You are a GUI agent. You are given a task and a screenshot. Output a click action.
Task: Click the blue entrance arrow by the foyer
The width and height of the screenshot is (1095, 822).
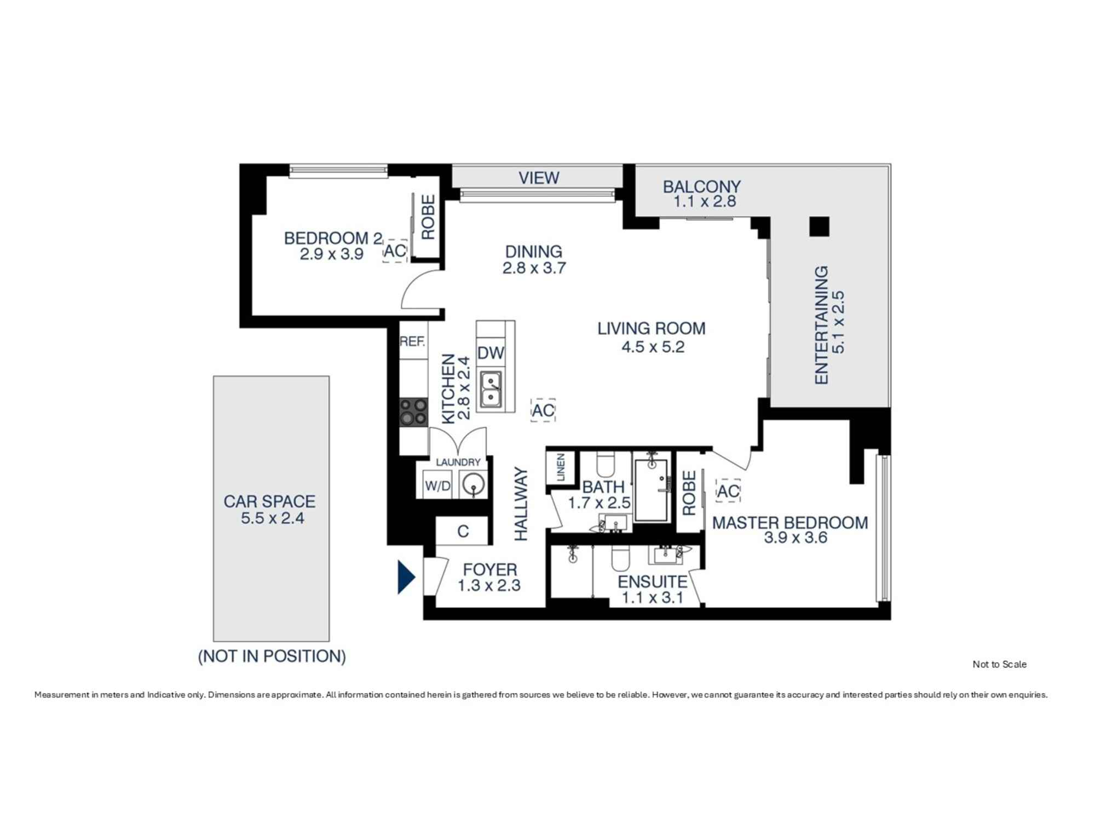coord(406,577)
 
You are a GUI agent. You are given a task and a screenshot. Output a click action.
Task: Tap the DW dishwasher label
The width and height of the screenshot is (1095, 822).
coord(491,353)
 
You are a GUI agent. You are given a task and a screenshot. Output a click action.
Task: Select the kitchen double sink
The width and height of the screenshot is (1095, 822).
coord(491,389)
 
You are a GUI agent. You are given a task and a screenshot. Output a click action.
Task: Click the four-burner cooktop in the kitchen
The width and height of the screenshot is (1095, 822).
coord(413,412)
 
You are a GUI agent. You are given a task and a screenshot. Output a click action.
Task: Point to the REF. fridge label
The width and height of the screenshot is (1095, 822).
coord(412,342)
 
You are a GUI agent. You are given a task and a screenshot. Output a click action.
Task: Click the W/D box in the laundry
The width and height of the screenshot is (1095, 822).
coord(437,486)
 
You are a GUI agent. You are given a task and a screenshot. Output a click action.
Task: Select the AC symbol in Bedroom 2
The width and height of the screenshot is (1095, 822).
coord(395,251)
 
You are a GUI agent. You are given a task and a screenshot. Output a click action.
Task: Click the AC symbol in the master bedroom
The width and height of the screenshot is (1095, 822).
coord(728,492)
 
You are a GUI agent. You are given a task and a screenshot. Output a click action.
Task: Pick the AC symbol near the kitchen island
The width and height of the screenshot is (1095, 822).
coord(543,410)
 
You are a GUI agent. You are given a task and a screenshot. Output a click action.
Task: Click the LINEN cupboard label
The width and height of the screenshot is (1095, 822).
coord(561,467)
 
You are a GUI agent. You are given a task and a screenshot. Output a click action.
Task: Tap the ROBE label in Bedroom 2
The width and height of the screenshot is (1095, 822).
coord(428,218)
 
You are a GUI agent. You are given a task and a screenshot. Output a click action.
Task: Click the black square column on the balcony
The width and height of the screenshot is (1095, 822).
coord(819,226)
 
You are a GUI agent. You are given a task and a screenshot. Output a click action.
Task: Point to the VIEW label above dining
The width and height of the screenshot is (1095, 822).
coord(539,178)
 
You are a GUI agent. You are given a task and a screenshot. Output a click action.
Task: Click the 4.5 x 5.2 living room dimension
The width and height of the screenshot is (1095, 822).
coord(653,347)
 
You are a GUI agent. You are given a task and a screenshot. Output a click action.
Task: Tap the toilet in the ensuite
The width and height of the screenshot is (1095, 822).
coord(620,560)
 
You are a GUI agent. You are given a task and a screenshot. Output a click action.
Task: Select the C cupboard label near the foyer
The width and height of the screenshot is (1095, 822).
coord(463,531)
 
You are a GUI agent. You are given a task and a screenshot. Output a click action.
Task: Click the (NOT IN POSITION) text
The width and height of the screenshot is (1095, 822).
coord(272,656)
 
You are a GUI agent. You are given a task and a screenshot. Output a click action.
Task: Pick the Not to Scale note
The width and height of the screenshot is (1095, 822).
coord(999,664)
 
